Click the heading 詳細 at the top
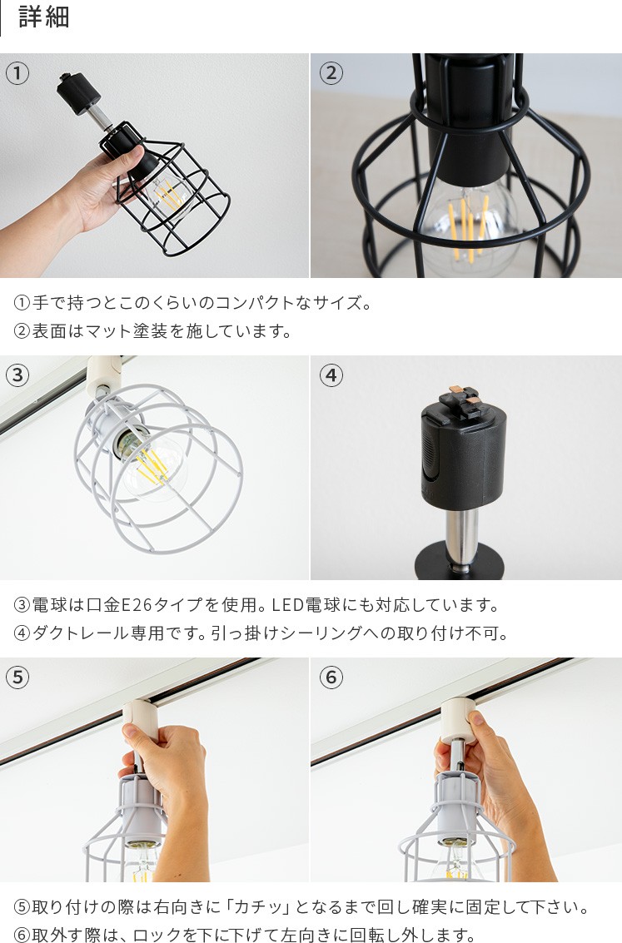[x=44, y=17]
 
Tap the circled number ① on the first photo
[x=17, y=73]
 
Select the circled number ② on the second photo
[x=331, y=73]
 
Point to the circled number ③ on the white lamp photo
[x=17, y=375]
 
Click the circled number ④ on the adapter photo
[x=331, y=375]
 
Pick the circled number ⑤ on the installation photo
[x=17, y=677]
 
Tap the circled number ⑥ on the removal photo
[x=331, y=677]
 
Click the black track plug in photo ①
[x=70, y=90]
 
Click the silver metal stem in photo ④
[x=462, y=539]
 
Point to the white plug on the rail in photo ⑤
[x=141, y=721]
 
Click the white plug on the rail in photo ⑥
[x=458, y=719]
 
